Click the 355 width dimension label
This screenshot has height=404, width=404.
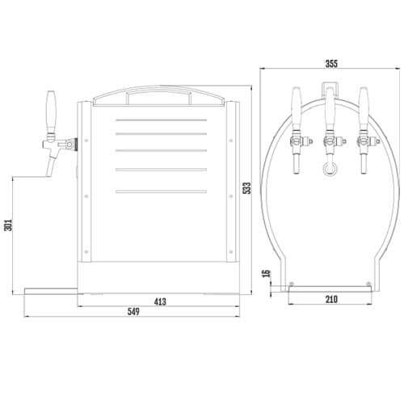coord(331,63)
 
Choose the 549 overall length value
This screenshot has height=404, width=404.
coord(133,312)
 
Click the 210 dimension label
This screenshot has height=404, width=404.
coord(331,300)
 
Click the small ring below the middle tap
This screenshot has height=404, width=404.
coord(330,168)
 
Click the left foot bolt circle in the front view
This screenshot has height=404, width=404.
coord(291,283)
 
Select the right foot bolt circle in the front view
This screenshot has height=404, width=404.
coord(370,283)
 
